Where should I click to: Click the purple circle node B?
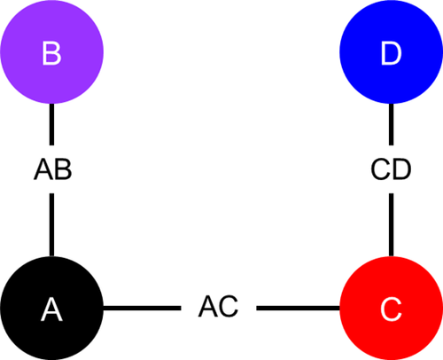(x=51, y=52)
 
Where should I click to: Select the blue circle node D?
(x=391, y=52)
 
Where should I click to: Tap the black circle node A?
(x=51, y=309)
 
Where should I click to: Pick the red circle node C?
(x=391, y=309)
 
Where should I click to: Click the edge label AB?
(x=53, y=169)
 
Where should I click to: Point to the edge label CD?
(x=391, y=169)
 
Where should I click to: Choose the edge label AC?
(x=218, y=307)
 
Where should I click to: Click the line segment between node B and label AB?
(x=51, y=124)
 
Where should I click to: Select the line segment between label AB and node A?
(x=51, y=225)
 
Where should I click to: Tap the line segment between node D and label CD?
(x=391, y=124)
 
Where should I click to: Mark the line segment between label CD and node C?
(x=391, y=225)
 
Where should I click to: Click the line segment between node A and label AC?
(x=142, y=309)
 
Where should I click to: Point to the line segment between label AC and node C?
(x=298, y=309)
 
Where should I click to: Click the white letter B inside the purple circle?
(x=52, y=53)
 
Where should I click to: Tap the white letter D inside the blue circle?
(x=391, y=53)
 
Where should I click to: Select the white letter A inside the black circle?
(x=51, y=309)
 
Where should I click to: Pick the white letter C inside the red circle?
(x=391, y=309)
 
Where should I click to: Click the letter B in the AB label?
(x=63, y=169)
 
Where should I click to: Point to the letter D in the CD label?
(x=402, y=169)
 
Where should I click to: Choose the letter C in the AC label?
(x=228, y=307)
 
